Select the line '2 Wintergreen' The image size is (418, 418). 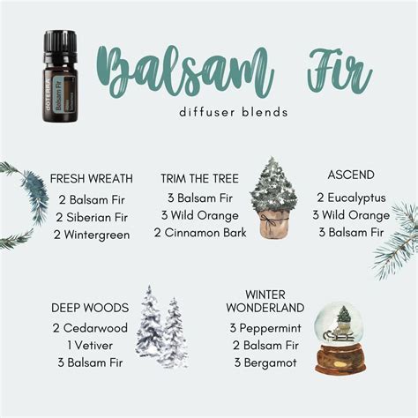(92, 235)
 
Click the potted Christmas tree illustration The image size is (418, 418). (273, 198)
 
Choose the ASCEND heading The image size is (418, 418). (350, 175)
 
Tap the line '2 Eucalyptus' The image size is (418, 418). (350, 196)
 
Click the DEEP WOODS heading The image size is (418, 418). (91, 308)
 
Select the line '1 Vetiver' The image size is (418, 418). (91, 345)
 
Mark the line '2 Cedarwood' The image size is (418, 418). (91, 327)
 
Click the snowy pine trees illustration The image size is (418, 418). (162, 327)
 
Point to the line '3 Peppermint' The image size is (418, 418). (263, 327)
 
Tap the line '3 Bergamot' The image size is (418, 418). (263, 362)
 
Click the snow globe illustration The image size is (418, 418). (343, 339)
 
